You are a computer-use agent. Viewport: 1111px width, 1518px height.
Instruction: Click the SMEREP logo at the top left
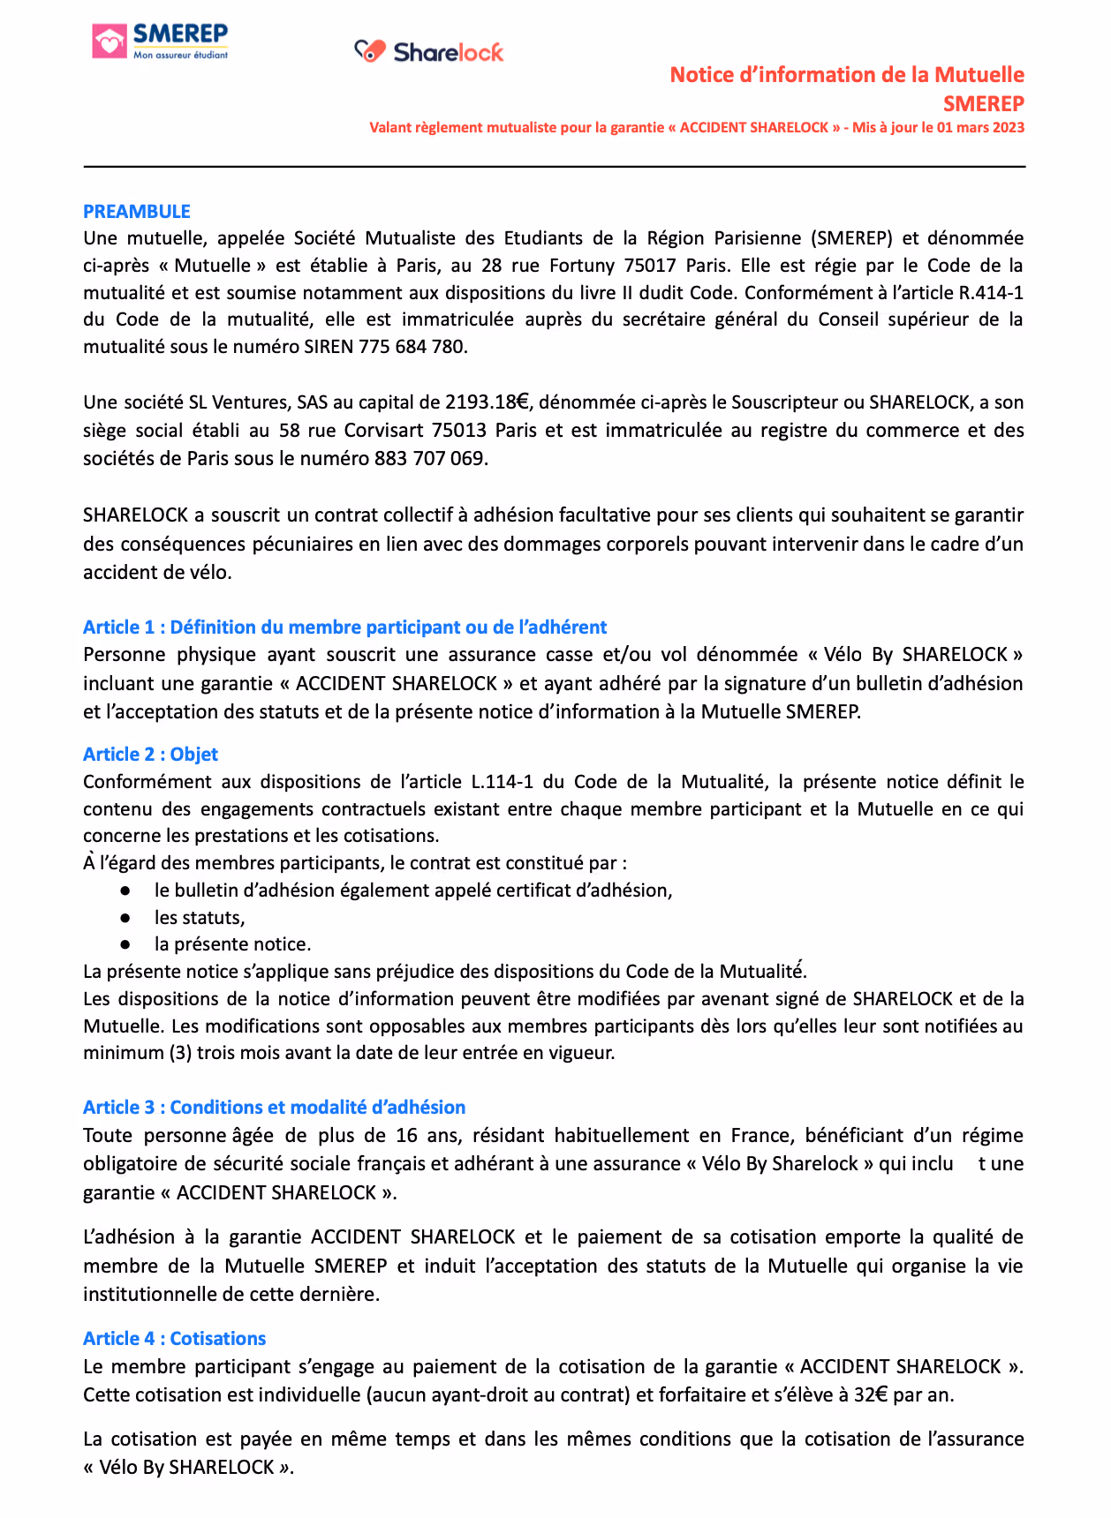pyautogui.click(x=160, y=41)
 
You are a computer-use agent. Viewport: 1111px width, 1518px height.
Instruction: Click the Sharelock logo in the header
pyautogui.click(x=429, y=52)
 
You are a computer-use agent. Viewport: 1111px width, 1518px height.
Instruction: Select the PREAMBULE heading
pyautogui.click(x=137, y=212)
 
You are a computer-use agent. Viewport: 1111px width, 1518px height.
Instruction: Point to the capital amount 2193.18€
pyautogui.click(x=487, y=403)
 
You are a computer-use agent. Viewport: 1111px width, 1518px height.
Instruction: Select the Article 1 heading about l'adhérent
pyautogui.click(x=344, y=627)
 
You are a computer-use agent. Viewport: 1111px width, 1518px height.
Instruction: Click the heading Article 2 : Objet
pyautogui.click(x=150, y=755)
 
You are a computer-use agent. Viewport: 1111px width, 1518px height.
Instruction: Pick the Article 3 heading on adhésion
pyautogui.click(x=274, y=1108)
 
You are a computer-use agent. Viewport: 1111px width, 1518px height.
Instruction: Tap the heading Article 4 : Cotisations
pyautogui.click(x=174, y=1339)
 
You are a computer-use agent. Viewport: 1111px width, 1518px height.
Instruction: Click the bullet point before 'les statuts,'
pyautogui.click(x=126, y=918)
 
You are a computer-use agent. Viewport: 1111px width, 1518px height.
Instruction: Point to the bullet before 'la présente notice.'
pyautogui.click(x=126, y=945)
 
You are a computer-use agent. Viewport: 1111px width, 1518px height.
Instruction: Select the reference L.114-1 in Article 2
pyautogui.click(x=502, y=782)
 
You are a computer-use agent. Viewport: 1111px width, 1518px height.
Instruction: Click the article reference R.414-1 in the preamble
pyautogui.click(x=991, y=293)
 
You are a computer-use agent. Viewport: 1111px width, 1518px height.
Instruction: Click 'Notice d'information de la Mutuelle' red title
pyautogui.click(x=846, y=75)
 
